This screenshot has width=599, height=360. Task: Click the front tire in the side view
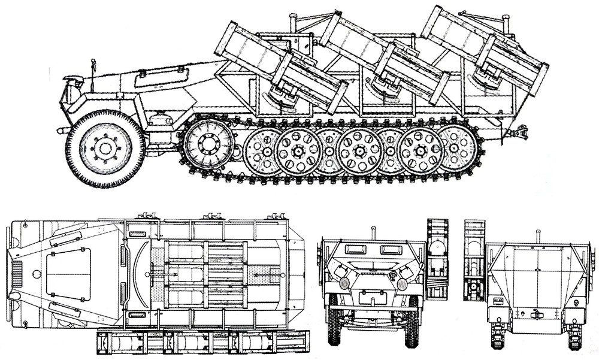(x=105, y=148)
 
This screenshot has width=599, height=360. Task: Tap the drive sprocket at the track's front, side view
(x=208, y=144)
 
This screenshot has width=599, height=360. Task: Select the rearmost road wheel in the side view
(x=455, y=147)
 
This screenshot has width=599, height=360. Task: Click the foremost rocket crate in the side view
(x=281, y=66)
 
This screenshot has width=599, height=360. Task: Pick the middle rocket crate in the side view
(x=384, y=56)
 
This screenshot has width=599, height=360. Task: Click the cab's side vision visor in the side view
(x=161, y=76)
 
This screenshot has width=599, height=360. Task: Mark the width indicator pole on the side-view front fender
(x=92, y=66)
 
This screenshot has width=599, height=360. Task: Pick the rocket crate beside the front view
(x=437, y=258)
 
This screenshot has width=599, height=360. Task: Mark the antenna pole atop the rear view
(x=537, y=235)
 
